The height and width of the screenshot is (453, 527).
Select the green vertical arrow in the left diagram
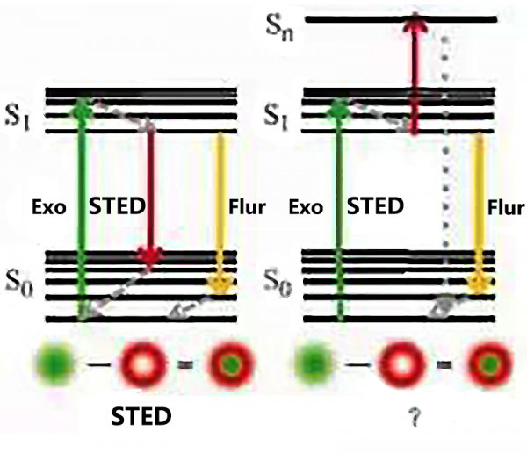tap(82, 211)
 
